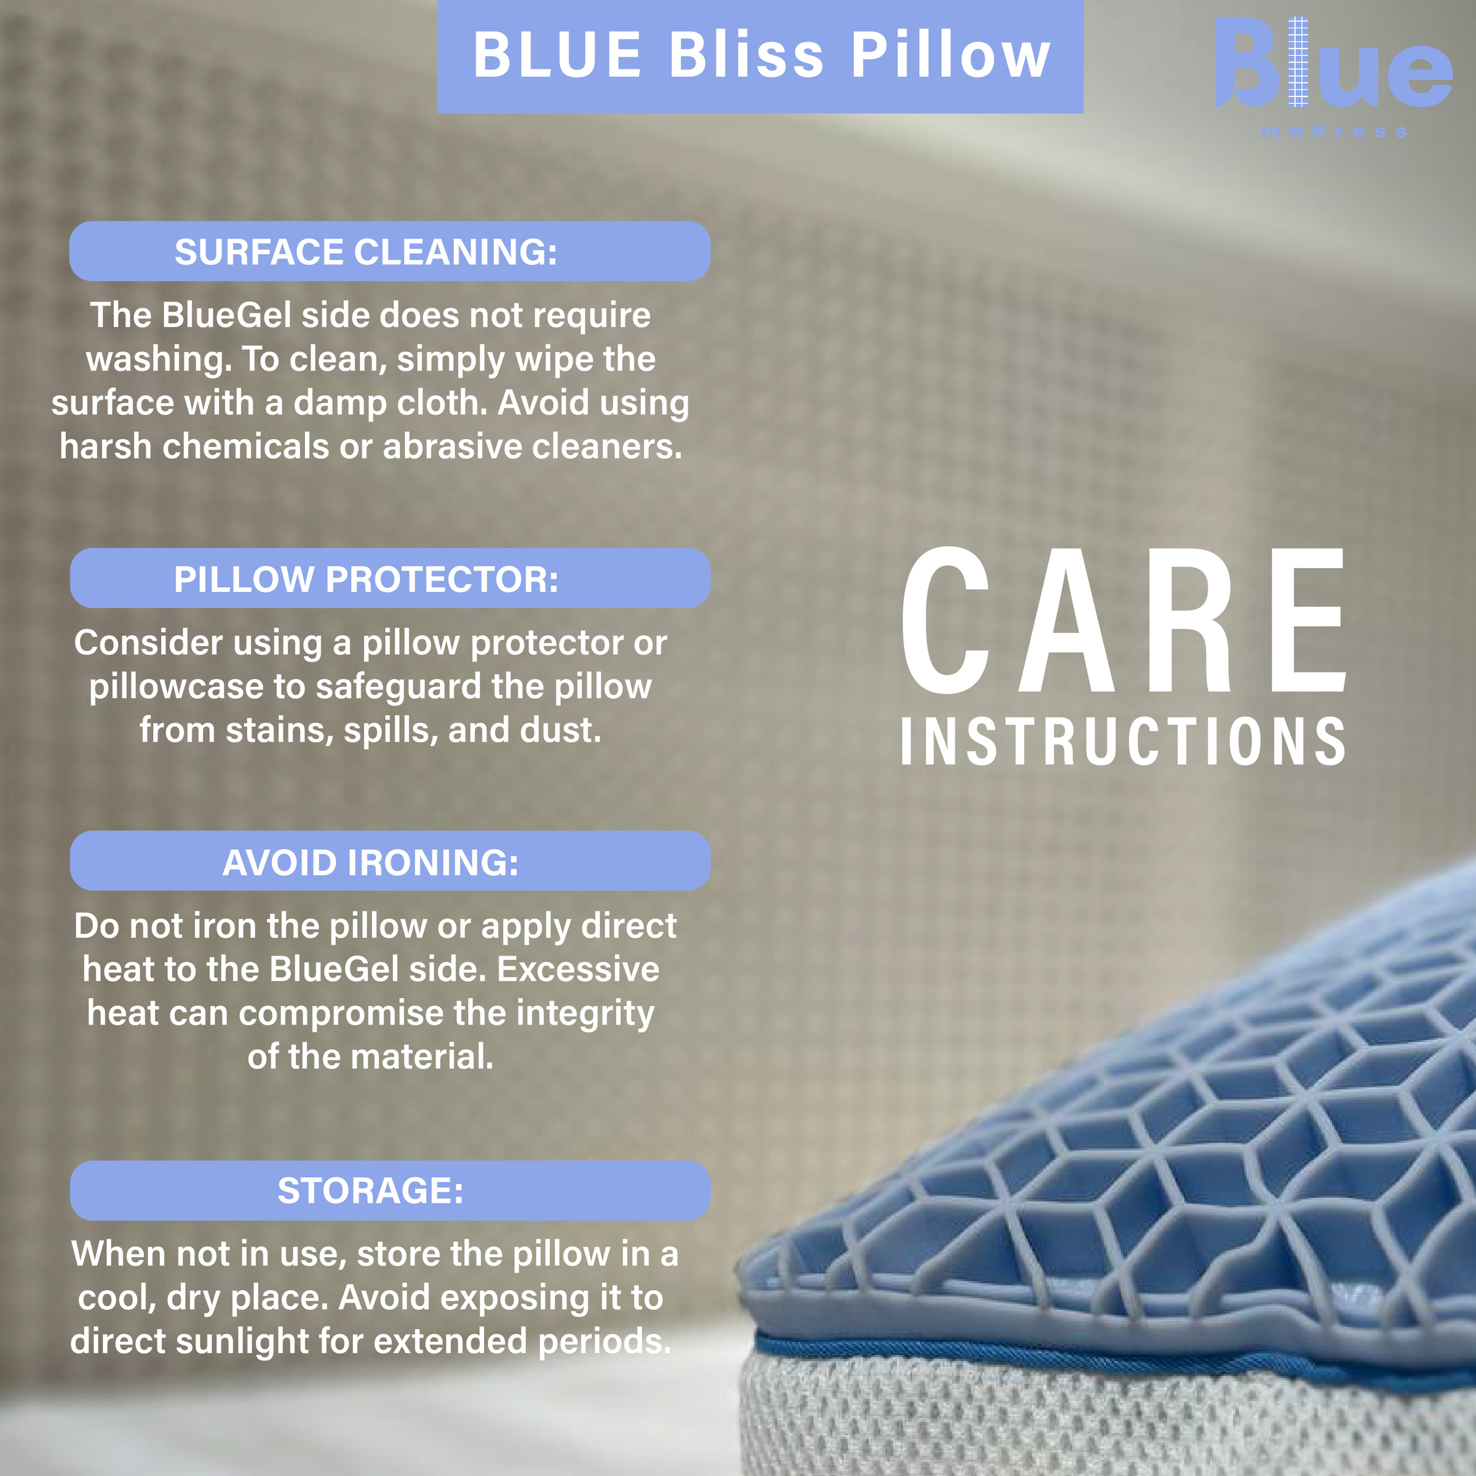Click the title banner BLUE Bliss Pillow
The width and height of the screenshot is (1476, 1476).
[x=760, y=56]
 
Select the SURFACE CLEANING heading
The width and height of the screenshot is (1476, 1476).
[x=366, y=252]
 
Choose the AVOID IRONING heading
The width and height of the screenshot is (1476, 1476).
[x=370, y=862]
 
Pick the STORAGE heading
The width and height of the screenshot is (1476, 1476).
[x=370, y=1190]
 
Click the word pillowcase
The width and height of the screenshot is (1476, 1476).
[x=176, y=687]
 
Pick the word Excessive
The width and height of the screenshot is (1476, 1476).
[x=578, y=969]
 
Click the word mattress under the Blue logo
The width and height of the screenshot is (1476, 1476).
[x=1333, y=132]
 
